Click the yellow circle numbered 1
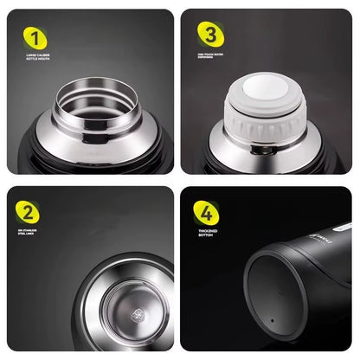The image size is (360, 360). (35, 37)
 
